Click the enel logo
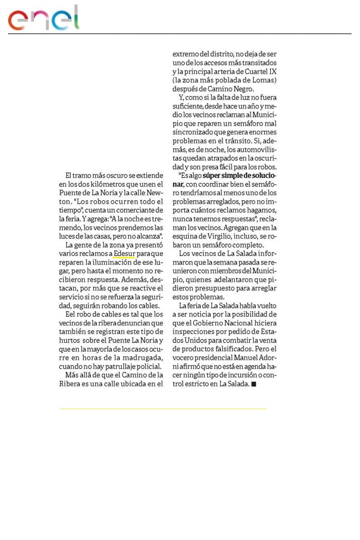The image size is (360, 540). pos(44,18)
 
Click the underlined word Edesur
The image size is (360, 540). pos(124,253)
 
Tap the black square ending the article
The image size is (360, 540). pos(254,384)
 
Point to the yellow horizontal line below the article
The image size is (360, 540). pos(163,409)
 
